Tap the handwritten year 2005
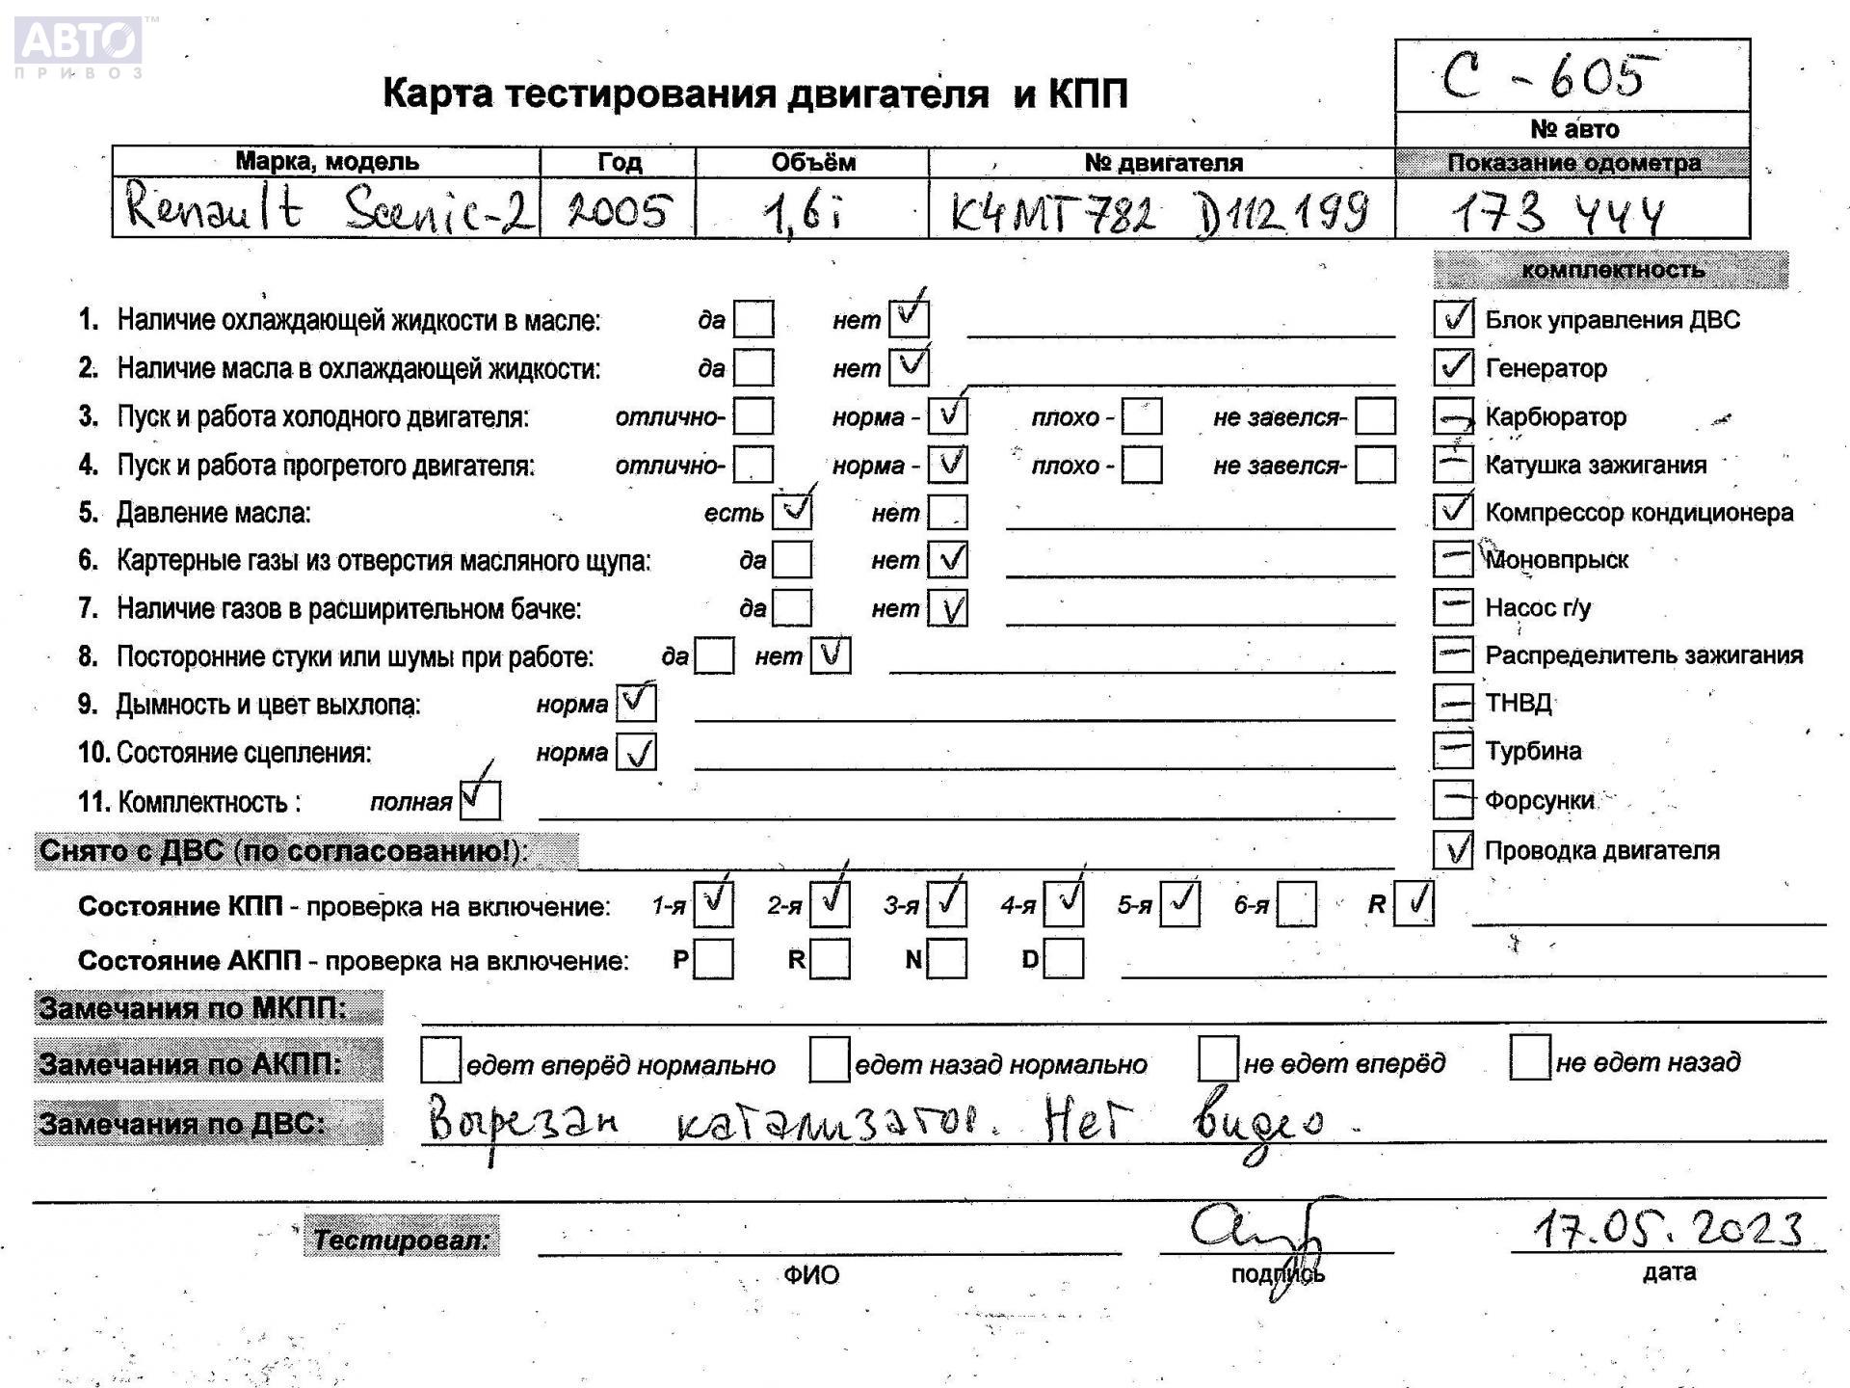tap(618, 210)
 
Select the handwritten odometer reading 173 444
tap(1558, 214)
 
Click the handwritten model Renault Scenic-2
tap(327, 208)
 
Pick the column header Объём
tap(812, 162)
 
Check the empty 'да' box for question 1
tap(753, 319)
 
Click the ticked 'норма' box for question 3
tap(948, 416)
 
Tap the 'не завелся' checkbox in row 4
tap(1375, 465)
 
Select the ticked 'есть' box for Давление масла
tap(792, 512)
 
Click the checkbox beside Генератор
tap(1453, 367)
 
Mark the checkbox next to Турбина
tap(1453, 750)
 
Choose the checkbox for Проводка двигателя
tap(1453, 849)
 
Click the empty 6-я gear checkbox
tap(1296, 905)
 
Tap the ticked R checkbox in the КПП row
tap(1414, 904)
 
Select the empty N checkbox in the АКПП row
tap(947, 959)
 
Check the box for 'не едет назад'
tap(1529, 1058)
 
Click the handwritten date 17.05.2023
tap(1667, 1229)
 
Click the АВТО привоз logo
tap(79, 45)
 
